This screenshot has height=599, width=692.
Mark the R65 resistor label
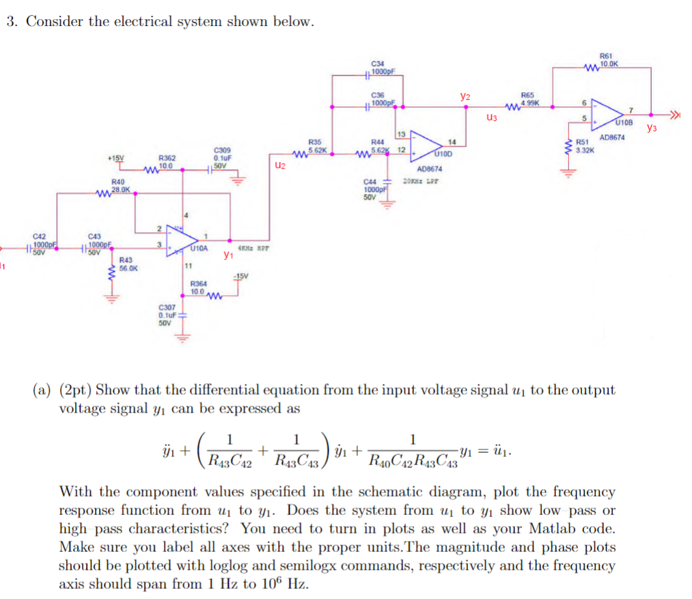pos(527,96)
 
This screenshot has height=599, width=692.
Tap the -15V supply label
pos(240,276)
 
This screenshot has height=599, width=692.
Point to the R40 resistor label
pos(117,182)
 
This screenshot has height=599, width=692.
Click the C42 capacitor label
pos(40,236)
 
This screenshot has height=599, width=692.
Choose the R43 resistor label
pos(126,260)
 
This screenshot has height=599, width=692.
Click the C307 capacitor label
pos(167,308)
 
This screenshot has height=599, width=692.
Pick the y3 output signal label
pos(651,128)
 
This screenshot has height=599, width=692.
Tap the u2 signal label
pos(279,165)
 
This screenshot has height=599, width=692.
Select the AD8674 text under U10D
pos(430,168)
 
